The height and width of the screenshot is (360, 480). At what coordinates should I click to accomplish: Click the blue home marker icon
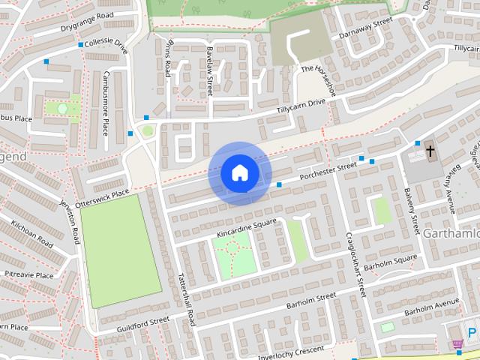click(239, 173)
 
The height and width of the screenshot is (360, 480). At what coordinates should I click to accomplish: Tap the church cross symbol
click(430, 151)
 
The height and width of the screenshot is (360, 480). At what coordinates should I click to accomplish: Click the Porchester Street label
click(328, 172)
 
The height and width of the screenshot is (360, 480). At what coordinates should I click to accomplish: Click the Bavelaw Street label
click(211, 70)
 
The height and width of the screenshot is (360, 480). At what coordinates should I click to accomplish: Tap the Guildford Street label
click(143, 324)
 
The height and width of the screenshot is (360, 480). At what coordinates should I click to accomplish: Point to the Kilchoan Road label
click(31, 234)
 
